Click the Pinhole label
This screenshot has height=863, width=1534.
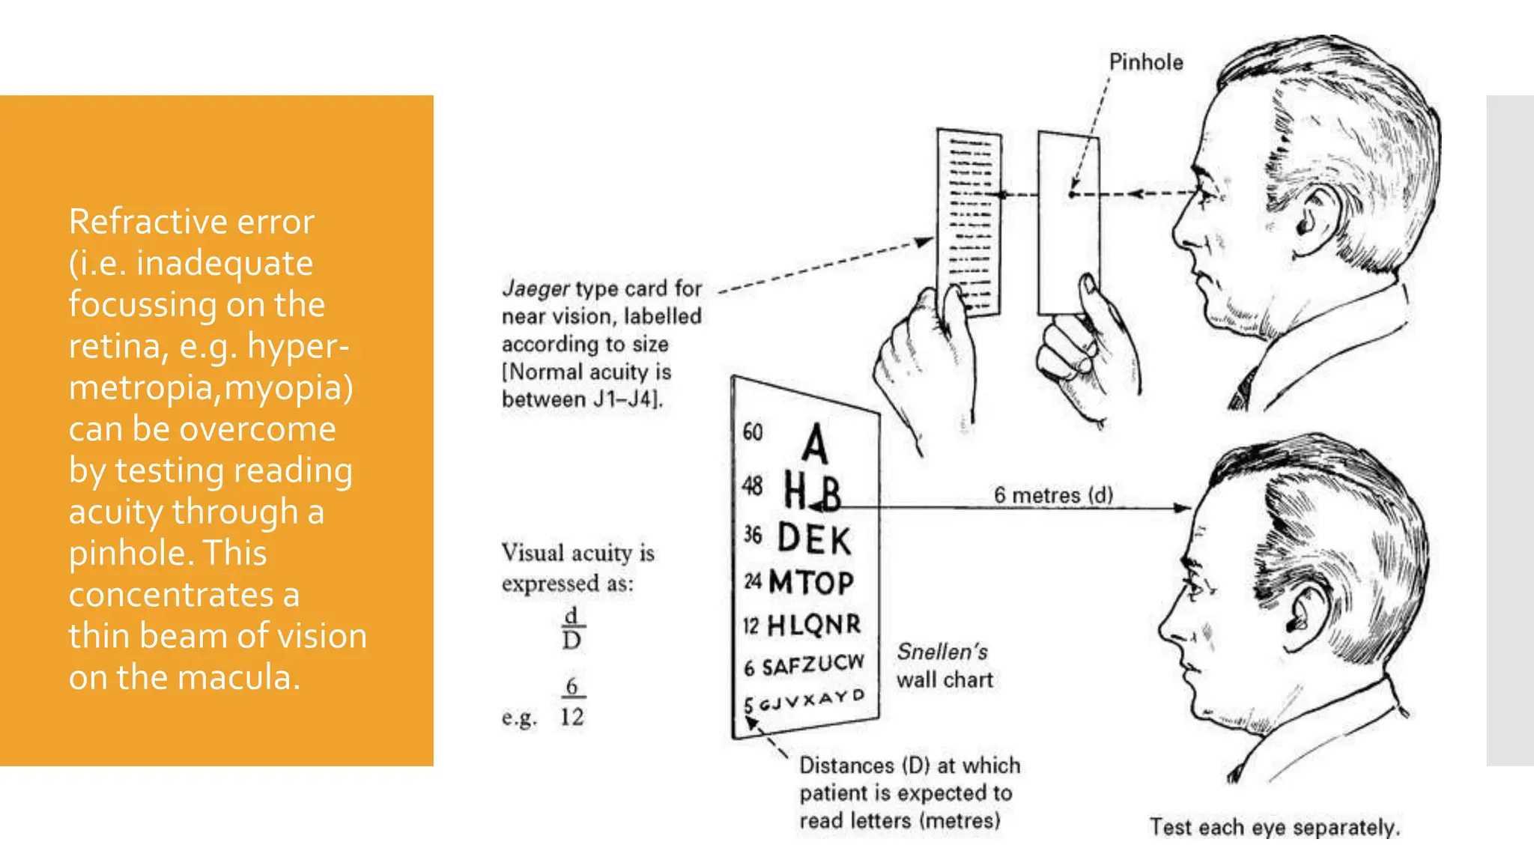pyautogui.click(x=1145, y=62)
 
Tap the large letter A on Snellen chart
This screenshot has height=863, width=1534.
pyautogui.click(x=815, y=443)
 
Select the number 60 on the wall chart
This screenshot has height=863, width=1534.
pyautogui.click(x=752, y=432)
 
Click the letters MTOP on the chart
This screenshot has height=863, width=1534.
pyautogui.click(x=811, y=582)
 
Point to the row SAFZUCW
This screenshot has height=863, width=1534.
pyautogui.click(x=813, y=664)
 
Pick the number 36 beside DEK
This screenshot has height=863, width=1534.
pyautogui.click(x=752, y=535)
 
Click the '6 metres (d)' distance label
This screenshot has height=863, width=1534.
pyautogui.click(x=1052, y=495)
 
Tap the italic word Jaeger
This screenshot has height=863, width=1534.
pyautogui.click(x=536, y=288)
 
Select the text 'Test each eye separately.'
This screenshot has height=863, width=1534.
pyautogui.click(x=1274, y=827)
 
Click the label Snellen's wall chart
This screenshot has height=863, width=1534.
pyautogui.click(x=945, y=665)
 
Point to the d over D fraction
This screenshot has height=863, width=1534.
pyautogui.click(x=572, y=628)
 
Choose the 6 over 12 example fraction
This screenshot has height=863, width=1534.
pyautogui.click(x=572, y=702)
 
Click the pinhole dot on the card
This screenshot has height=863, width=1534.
pyautogui.click(x=1072, y=194)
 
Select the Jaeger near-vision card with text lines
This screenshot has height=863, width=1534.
pyautogui.click(x=968, y=222)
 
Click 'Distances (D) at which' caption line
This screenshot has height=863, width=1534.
pyautogui.click(x=909, y=766)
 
